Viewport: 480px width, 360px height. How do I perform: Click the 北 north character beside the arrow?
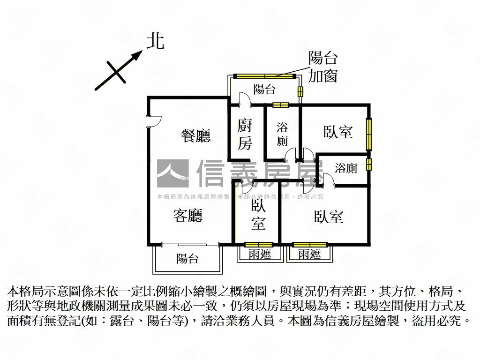(156, 41)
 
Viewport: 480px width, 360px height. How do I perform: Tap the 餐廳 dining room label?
(196, 135)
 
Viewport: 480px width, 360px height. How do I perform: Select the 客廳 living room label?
(188, 216)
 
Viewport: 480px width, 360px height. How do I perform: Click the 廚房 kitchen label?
(245, 135)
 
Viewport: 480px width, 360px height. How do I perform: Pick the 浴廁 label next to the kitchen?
(282, 134)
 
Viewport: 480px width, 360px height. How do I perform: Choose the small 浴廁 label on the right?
(346, 168)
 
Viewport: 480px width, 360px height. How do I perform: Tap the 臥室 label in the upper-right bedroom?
(338, 132)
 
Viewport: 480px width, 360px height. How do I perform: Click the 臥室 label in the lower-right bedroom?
(329, 216)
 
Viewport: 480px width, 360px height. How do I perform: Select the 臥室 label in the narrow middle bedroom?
(258, 215)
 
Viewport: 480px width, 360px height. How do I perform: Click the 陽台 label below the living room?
(188, 259)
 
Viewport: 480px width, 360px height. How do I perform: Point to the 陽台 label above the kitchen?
(264, 90)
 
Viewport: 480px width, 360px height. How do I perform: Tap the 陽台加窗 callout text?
(323, 67)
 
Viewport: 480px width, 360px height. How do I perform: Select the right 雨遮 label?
(310, 254)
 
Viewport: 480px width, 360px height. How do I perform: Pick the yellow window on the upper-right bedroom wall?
(369, 134)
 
